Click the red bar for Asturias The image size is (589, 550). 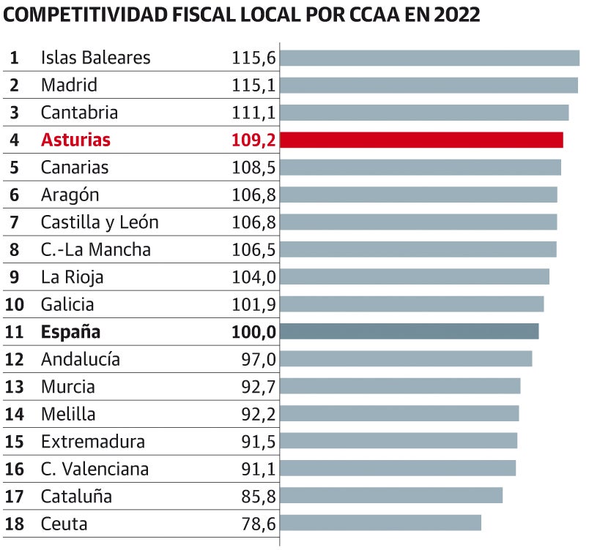[x=421, y=140]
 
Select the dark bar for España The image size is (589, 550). [x=409, y=331]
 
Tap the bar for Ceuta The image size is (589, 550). [x=380, y=523]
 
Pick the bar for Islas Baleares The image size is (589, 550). [x=429, y=58]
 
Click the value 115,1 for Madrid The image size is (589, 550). [x=253, y=85]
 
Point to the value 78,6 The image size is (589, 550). [x=258, y=524]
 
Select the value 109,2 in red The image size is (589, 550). [x=253, y=140]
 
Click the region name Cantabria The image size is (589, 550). [x=79, y=113]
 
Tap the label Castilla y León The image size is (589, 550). [x=100, y=222]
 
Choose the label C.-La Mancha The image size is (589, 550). [x=96, y=249]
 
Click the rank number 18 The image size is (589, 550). [x=15, y=524]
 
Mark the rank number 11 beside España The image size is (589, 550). [x=15, y=331]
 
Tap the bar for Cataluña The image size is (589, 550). [x=391, y=496]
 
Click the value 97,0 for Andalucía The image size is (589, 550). [x=258, y=359]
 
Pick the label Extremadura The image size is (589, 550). [x=93, y=441]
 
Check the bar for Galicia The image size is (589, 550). [x=412, y=304]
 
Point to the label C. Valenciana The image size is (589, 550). [x=95, y=469]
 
